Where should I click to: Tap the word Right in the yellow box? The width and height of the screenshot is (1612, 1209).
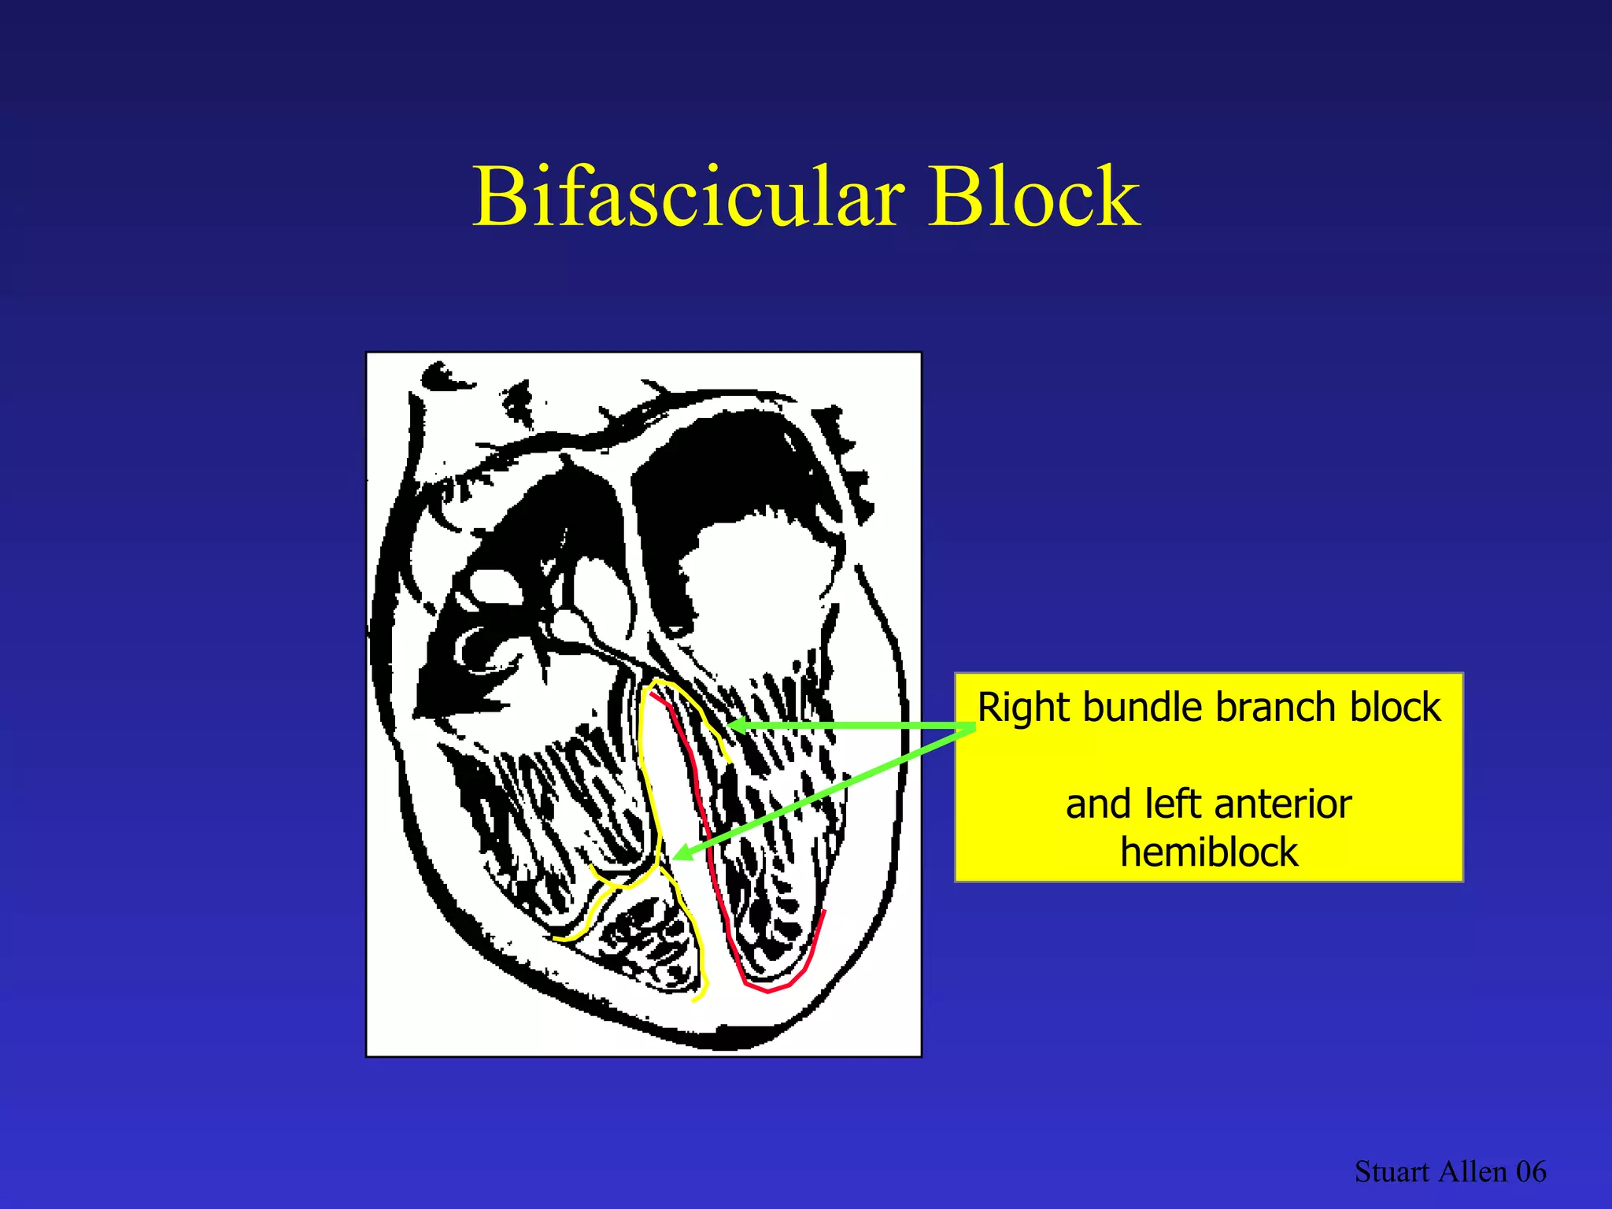pos(1024,708)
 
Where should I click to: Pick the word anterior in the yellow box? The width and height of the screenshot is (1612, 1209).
pos(1283,804)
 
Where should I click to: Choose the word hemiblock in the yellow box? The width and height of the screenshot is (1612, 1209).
pos(1209,852)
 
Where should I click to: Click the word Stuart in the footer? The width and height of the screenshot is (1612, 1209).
pos(1391,1172)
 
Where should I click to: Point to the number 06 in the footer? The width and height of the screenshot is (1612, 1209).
pos(1531,1172)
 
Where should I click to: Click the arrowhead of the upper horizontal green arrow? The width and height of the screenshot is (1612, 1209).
pos(736,726)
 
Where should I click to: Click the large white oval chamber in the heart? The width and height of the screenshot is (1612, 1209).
pos(756,582)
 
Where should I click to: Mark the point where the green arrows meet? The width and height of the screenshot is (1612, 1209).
pos(973,728)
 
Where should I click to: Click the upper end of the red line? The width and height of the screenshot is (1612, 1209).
pos(652,693)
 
